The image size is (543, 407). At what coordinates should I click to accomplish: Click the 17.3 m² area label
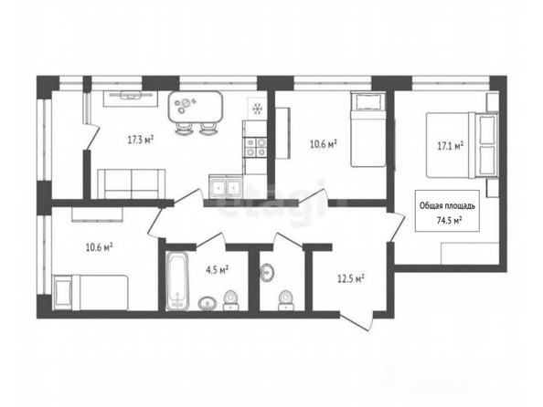(141, 140)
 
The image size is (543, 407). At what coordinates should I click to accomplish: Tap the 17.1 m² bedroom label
(450, 146)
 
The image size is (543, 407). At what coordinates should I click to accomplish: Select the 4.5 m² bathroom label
(218, 270)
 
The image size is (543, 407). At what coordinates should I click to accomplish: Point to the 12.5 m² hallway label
(351, 278)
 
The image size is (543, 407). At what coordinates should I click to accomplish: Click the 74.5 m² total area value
(450, 221)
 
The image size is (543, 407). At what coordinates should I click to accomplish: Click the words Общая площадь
(447, 206)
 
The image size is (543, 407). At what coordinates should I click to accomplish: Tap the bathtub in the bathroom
(177, 281)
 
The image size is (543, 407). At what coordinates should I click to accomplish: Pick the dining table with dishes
(196, 107)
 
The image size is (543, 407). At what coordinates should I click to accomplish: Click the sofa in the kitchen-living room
(132, 184)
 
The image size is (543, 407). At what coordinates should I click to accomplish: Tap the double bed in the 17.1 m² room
(462, 145)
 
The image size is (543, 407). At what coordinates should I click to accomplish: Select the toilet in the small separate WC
(285, 300)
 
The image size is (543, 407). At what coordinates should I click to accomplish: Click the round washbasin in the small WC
(267, 272)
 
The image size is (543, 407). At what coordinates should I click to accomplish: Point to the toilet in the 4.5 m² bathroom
(230, 300)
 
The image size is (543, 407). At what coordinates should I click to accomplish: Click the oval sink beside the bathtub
(208, 303)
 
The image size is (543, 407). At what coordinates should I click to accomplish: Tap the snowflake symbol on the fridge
(257, 109)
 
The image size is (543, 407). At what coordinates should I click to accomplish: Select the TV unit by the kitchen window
(131, 99)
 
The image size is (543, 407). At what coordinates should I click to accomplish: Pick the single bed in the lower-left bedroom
(90, 293)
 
